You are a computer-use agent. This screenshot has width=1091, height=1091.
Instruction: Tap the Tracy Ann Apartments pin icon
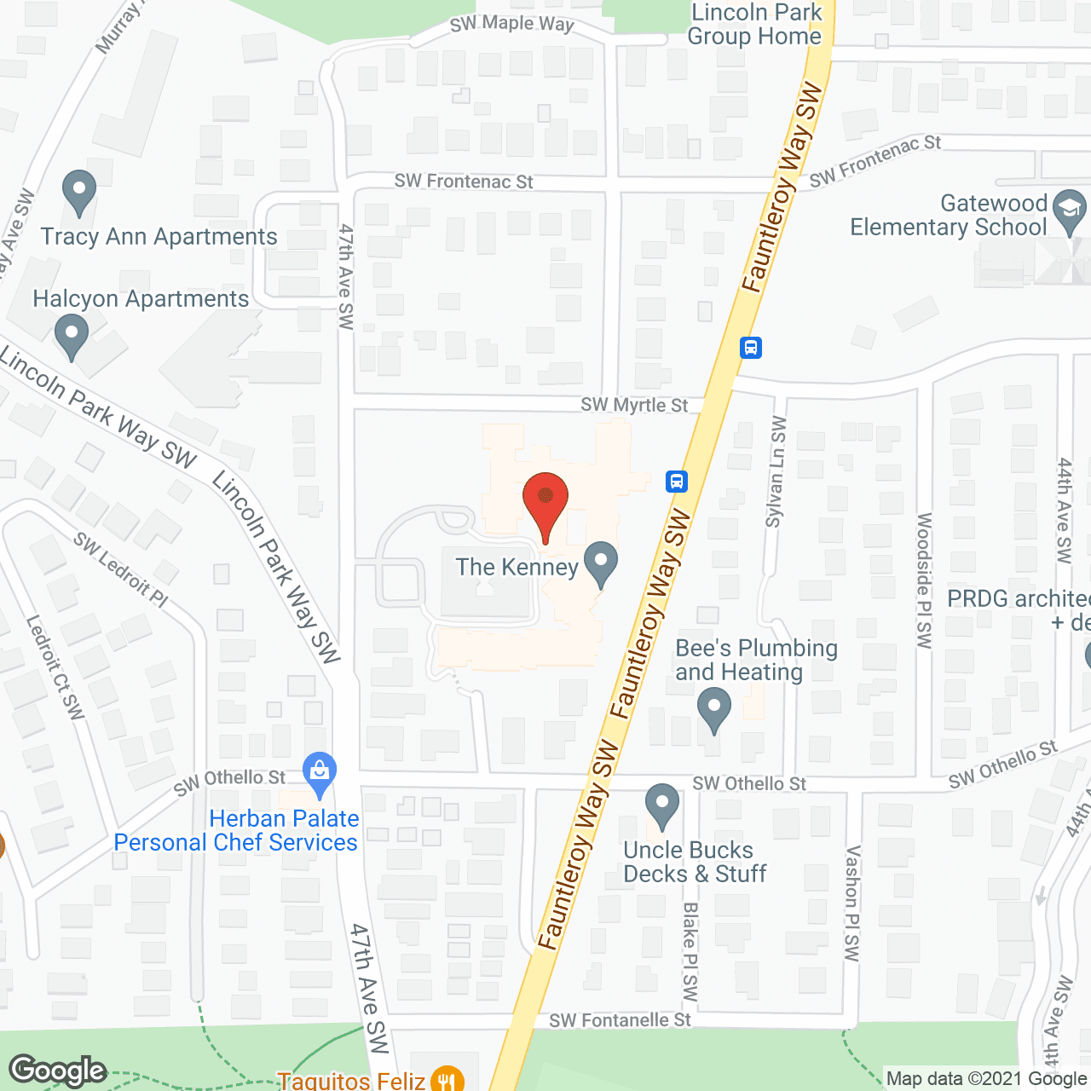[79, 193]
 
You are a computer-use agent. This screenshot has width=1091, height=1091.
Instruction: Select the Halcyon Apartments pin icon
[72, 337]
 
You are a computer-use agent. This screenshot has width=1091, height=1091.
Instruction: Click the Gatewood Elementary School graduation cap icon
[1069, 212]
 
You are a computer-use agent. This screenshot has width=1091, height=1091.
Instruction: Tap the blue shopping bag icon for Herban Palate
[320, 775]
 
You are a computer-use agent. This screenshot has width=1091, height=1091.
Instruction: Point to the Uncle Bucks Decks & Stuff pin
[661, 806]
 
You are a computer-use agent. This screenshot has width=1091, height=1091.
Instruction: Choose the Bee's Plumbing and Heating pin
[713, 710]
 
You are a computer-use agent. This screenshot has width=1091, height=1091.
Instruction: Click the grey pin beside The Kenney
[602, 564]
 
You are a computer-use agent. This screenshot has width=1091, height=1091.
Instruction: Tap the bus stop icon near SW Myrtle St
[677, 482]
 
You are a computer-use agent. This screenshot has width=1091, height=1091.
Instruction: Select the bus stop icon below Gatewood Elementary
[751, 347]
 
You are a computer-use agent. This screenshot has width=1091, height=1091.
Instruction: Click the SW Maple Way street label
[511, 24]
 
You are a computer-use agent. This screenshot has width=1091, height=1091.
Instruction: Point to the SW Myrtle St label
[634, 405]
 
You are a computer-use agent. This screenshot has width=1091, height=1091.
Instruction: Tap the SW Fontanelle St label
[620, 1020]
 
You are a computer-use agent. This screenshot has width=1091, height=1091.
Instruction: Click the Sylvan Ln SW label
[776, 472]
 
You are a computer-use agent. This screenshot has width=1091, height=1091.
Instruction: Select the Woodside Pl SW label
[925, 580]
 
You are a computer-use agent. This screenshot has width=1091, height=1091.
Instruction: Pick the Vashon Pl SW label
[851, 903]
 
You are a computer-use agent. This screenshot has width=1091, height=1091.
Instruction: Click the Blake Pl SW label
[690, 952]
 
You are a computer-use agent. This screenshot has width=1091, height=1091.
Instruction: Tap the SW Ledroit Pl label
[120, 569]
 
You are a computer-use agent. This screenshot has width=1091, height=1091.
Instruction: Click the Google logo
[58, 1071]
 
